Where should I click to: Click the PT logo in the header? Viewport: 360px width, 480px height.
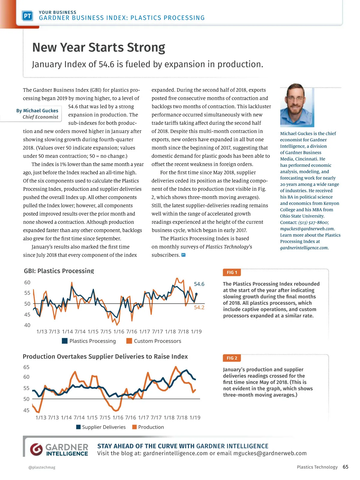coord(27,16)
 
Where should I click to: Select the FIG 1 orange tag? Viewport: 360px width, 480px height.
coord(232,272)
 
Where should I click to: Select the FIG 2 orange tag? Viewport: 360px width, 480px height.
coord(232,358)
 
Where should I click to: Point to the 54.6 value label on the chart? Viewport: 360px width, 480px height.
coord(199,284)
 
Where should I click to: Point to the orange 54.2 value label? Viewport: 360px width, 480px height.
coord(199,307)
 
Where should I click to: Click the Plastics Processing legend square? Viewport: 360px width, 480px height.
coord(64,341)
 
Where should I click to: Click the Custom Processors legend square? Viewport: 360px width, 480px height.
coord(129,341)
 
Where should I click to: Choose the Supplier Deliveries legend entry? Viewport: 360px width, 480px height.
coord(101,427)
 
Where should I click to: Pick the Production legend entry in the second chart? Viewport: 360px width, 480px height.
coord(148,427)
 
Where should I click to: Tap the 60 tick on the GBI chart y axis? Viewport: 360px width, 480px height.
coord(27,282)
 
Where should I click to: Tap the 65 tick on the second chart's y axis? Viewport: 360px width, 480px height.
coord(26,367)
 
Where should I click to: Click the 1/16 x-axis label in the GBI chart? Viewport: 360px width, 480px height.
coord(119,331)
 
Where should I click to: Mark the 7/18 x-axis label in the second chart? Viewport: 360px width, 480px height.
coord(182,418)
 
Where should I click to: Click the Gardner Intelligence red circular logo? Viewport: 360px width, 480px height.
coord(36,449)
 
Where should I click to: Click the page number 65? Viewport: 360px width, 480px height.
coord(346,467)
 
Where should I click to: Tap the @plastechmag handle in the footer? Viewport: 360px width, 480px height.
coord(42,467)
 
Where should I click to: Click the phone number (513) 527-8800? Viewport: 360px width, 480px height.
coord(313,222)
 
